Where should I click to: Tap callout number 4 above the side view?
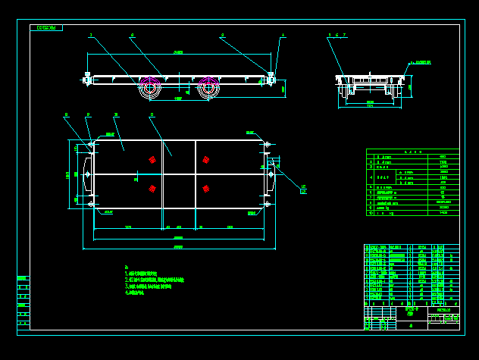click(x=283, y=35)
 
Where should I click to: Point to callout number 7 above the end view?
click(x=344, y=35)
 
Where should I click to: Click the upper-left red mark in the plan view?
click(x=152, y=159)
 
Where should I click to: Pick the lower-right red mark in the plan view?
click(x=205, y=188)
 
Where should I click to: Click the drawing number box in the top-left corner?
click(x=46, y=28)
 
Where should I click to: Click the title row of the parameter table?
click(x=412, y=152)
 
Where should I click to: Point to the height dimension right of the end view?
click(x=411, y=86)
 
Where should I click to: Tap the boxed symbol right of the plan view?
click(x=303, y=192)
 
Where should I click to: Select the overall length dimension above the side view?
click(x=179, y=52)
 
